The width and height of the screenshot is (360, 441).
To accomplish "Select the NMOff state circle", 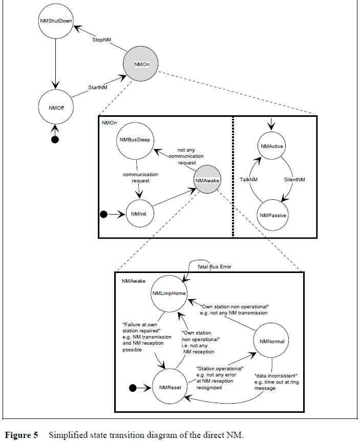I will [x=55, y=108].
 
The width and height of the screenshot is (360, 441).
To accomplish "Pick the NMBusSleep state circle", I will [x=135, y=140].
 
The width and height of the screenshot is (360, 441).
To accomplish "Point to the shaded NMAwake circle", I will [x=208, y=179].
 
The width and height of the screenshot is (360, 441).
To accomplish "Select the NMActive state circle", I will [x=272, y=146].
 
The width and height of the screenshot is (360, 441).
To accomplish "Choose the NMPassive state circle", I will [x=273, y=215].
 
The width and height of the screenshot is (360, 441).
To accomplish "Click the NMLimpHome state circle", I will [x=170, y=293].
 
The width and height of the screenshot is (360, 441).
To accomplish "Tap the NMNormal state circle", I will [x=272, y=341].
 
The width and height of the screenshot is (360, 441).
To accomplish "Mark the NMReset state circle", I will [x=170, y=389].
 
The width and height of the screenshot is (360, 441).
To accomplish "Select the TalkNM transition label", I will [x=248, y=180].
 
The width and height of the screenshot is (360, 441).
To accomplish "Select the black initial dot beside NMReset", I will [x=132, y=389].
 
